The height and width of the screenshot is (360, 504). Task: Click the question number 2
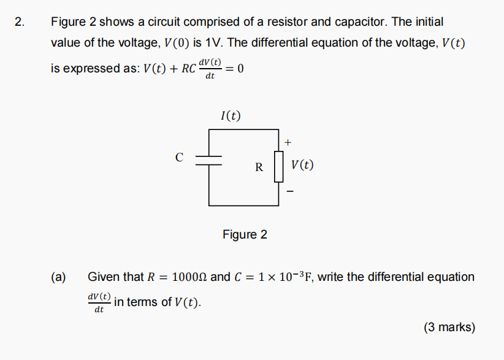coord(20,23)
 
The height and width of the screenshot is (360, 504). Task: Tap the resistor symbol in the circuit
coord(279,166)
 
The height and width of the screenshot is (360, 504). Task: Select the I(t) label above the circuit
coord(230,115)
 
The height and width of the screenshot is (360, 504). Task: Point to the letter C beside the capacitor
coord(179,158)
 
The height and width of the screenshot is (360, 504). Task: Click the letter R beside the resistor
coord(259,166)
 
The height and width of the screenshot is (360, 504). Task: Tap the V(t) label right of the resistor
coord(303,165)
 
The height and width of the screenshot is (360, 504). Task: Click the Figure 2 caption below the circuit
coord(245,234)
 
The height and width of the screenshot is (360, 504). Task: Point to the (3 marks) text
coord(449,327)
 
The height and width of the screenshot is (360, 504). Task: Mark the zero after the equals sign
coord(240,69)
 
